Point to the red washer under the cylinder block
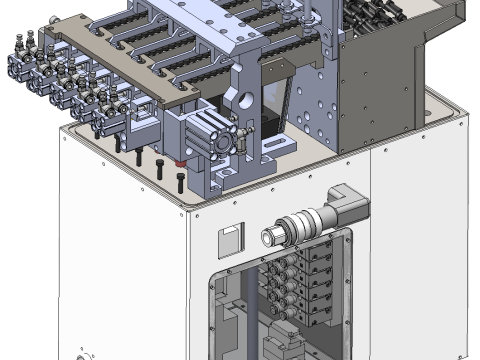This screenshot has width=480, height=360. coord(181,163)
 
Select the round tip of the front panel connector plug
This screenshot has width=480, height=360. coord(268,237)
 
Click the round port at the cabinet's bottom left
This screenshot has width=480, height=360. coord(81,354)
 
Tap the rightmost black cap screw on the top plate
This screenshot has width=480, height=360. coord(180,182)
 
